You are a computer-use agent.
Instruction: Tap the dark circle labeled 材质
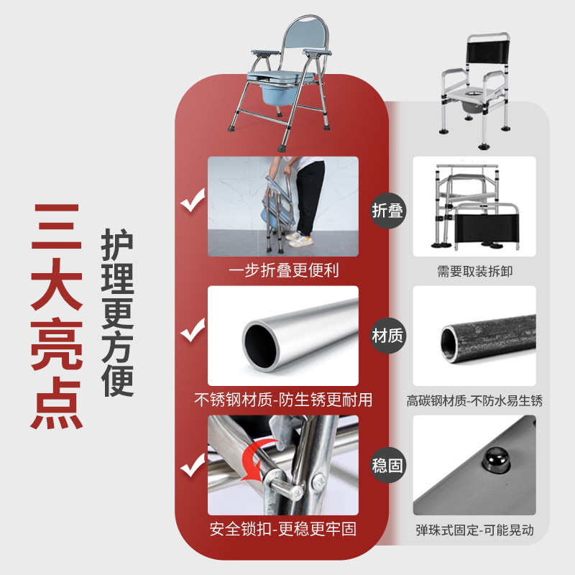pyautogui.click(x=387, y=336)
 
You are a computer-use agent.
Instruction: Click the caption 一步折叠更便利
pyautogui.click(x=283, y=271)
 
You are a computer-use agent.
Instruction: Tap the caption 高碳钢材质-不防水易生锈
pyautogui.click(x=474, y=400)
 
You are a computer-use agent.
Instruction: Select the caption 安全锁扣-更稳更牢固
pyautogui.click(x=283, y=530)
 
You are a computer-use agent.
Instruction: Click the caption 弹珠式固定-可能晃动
pyautogui.click(x=474, y=530)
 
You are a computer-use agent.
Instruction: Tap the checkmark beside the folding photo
pyautogui.click(x=192, y=203)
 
